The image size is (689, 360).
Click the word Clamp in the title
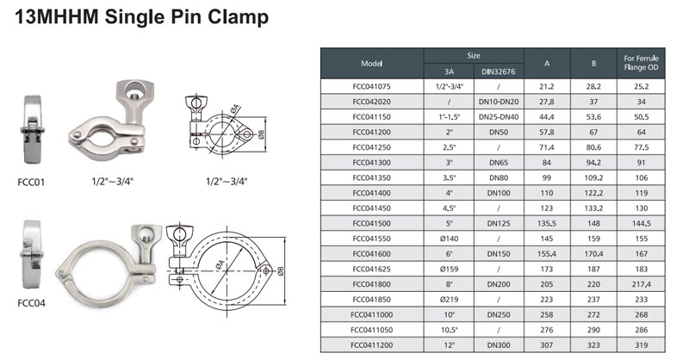(x=238, y=17)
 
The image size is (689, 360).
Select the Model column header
(x=371, y=64)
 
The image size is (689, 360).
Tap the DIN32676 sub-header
(x=499, y=71)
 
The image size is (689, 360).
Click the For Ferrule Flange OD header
(x=641, y=63)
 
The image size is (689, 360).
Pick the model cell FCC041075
(x=371, y=87)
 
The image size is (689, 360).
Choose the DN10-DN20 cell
(x=499, y=102)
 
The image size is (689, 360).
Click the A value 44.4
(x=547, y=117)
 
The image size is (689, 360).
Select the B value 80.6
(x=593, y=147)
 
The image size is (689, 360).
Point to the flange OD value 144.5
(x=641, y=223)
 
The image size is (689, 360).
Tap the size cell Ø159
(x=449, y=269)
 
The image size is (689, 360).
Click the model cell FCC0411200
(x=372, y=345)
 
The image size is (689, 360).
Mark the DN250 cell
(x=499, y=314)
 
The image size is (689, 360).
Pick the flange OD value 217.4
(x=641, y=284)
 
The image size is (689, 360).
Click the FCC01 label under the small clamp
(x=31, y=182)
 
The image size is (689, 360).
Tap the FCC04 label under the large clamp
(x=31, y=303)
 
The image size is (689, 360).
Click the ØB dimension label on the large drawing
(x=281, y=271)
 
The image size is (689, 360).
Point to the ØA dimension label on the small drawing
(x=235, y=109)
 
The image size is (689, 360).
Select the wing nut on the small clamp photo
(x=134, y=99)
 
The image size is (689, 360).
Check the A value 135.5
(x=547, y=223)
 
